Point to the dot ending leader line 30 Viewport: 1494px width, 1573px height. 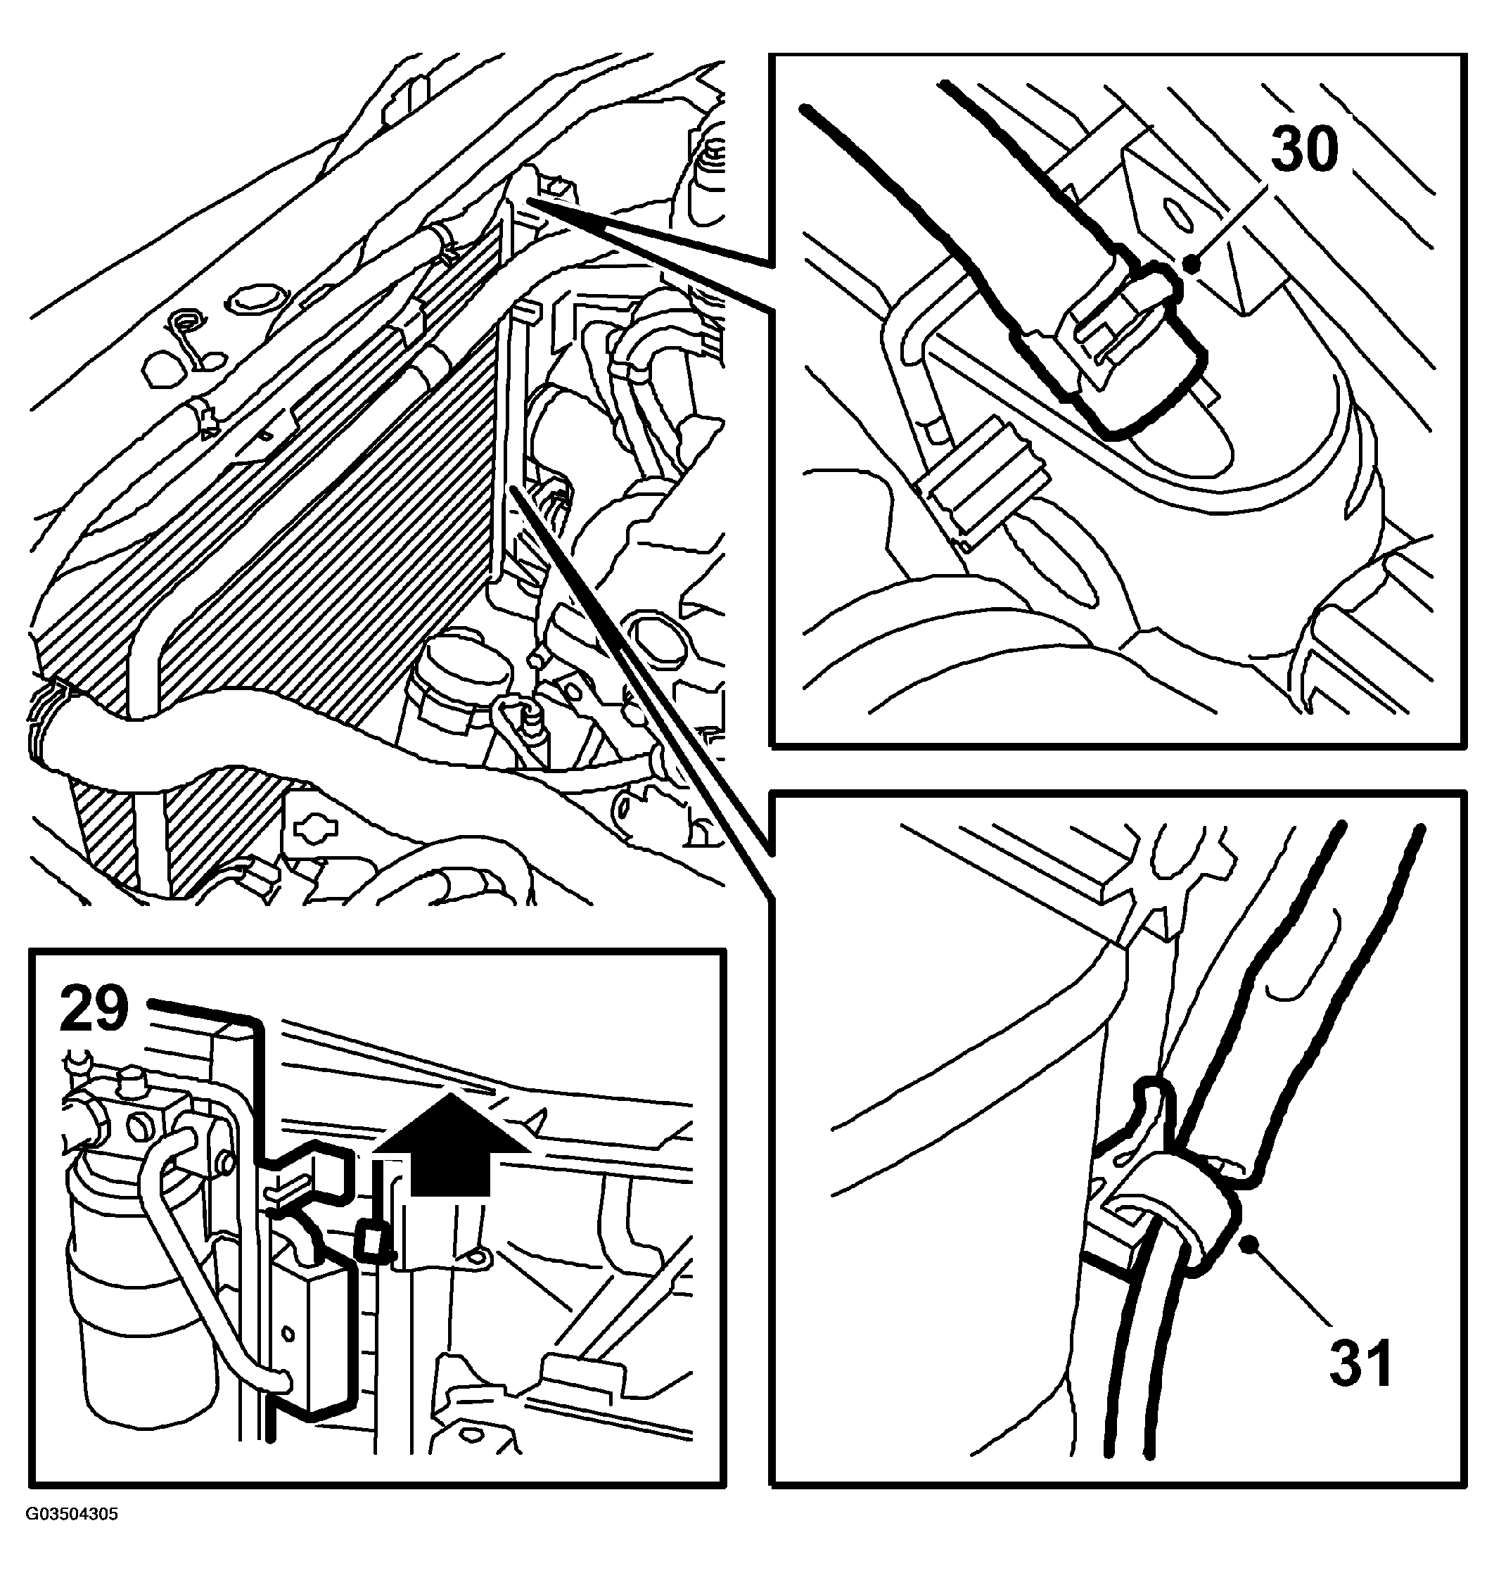[x=1192, y=263]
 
